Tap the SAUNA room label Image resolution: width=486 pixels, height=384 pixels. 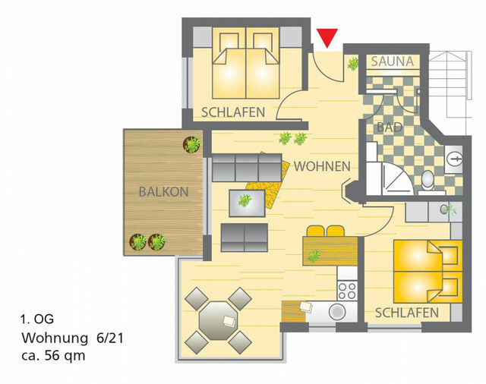pyautogui.click(x=393, y=61)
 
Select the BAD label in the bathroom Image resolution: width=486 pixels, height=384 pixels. pyautogui.click(x=390, y=127)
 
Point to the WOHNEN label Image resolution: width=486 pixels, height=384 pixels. pyautogui.click(x=322, y=166)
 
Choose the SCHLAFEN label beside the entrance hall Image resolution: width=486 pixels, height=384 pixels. pyautogui.click(x=233, y=112)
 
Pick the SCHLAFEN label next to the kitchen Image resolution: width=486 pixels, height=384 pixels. pyautogui.click(x=406, y=313)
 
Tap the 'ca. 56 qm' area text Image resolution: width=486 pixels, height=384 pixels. pyautogui.click(x=54, y=355)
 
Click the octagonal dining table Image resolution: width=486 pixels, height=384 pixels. pyautogui.click(x=218, y=319)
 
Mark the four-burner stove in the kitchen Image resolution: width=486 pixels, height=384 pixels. pyautogui.click(x=347, y=289)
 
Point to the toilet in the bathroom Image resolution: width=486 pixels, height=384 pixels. pyautogui.click(x=428, y=179)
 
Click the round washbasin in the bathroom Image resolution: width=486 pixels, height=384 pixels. pyautogui.click(x=456, y=159)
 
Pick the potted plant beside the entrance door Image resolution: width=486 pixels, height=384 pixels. pyautogui.click(x=353, y=64)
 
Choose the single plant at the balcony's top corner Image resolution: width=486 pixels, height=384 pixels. pyautogui.click(x=192, y=143)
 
